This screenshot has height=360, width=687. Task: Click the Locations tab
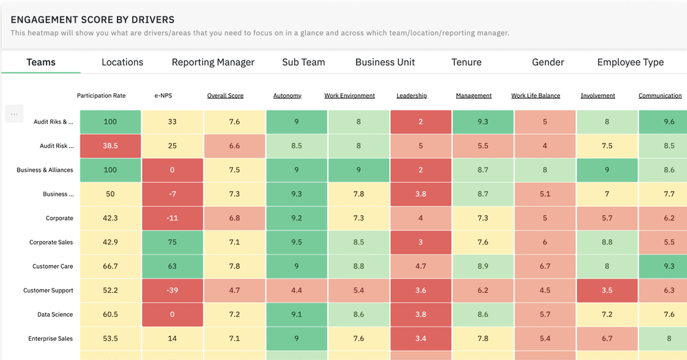point(122,62)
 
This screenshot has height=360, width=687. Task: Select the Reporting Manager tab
point(213,62)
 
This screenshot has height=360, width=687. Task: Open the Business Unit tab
point(385,62)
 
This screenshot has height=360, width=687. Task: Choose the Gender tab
point(548,62)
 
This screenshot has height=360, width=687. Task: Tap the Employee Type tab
point(630,62)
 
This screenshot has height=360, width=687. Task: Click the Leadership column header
point(412,95)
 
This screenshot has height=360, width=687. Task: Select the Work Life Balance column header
point(535,95)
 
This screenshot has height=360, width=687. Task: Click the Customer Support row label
point(48,291)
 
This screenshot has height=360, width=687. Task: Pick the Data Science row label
point(55,315)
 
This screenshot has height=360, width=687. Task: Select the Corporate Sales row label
point(51,243)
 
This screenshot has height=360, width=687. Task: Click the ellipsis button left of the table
point(14,114)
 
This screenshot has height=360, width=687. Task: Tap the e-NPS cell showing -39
point(172,291)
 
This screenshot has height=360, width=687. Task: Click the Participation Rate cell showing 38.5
point(110,146)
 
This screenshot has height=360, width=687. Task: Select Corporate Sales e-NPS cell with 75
point(172,243)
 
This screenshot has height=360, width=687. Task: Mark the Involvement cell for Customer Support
point(607,291)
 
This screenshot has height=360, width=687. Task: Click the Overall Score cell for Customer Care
point(234,267)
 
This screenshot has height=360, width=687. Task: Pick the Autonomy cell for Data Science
point(296,315)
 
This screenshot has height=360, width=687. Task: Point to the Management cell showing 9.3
point(482,122)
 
